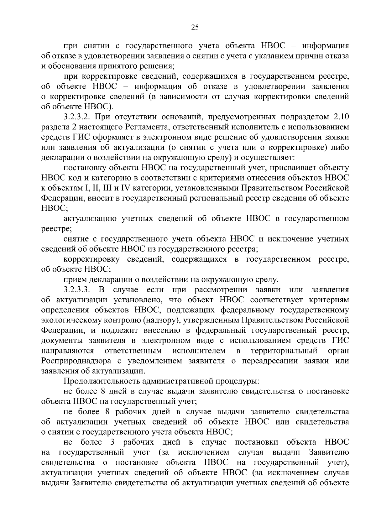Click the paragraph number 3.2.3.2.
[77, 117]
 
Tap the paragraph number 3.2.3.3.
[77, 289]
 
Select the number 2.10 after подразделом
[340, 117]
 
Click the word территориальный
[284, 350]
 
